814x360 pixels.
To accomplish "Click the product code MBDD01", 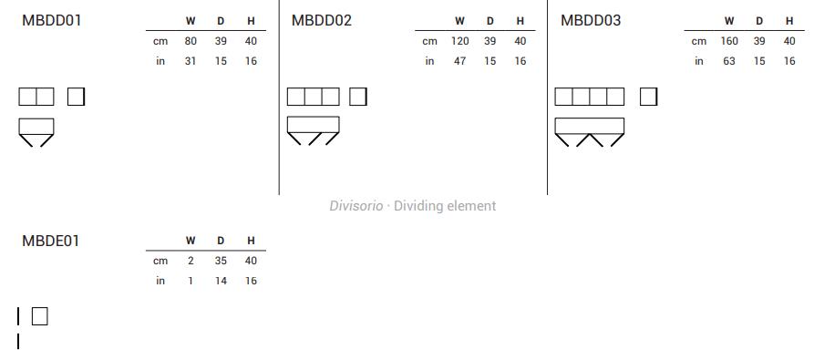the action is click(x=51, y=21).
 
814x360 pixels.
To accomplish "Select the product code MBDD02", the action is click(x=322, y=21).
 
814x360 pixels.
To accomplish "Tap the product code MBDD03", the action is click(x=591, y=21).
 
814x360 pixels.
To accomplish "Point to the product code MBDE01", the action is click(x=50, y=242).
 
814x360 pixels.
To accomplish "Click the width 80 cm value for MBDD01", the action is click(x=191, y=41).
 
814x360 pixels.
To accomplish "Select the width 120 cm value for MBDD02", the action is click(x=460, y=41).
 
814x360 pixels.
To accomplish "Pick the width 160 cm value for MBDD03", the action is click(x=729, y=41).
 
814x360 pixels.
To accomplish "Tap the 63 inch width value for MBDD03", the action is click(x=729, y=61).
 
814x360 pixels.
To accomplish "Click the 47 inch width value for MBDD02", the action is click(x=460, y=61).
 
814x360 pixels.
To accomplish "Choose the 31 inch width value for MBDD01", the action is click(x=191, y=61).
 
